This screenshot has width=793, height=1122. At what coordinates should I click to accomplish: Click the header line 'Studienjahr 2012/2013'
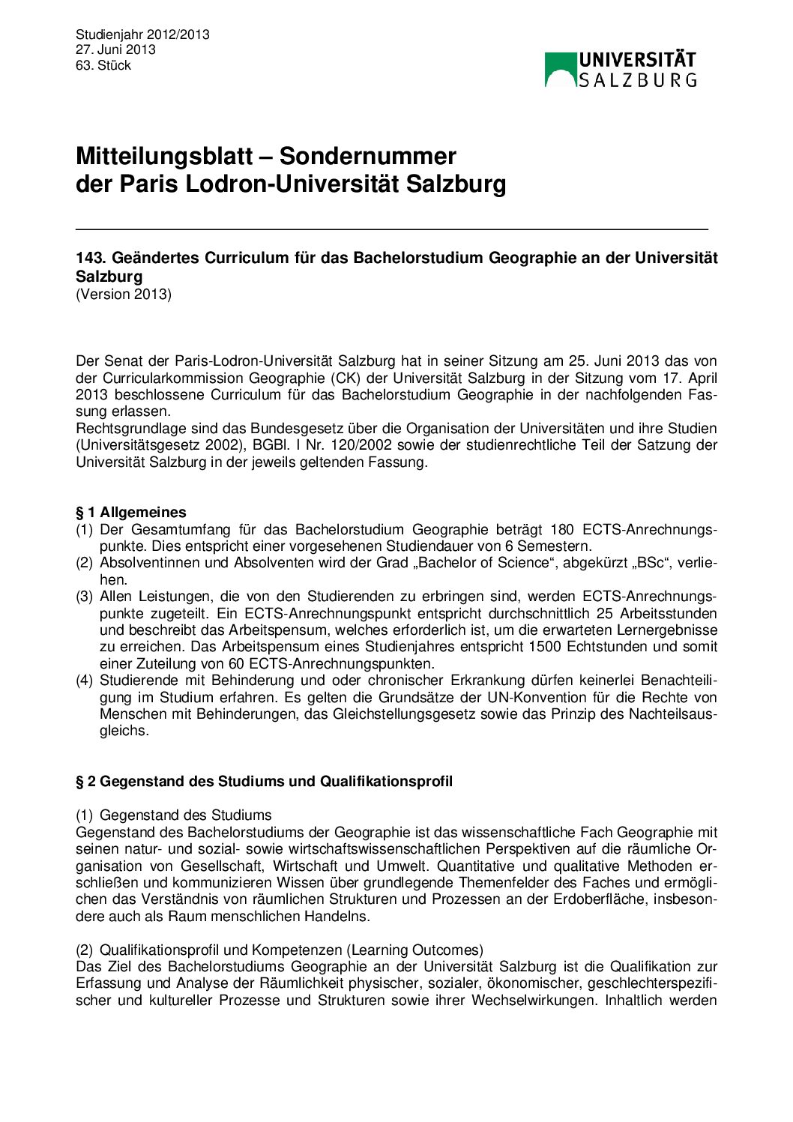[x=142, y=34]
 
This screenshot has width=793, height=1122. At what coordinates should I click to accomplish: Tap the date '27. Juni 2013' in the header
[x=115, y=49]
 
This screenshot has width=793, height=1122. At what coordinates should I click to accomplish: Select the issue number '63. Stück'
[x=103, y=65]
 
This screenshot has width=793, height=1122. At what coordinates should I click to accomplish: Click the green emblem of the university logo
[x=560, y=69]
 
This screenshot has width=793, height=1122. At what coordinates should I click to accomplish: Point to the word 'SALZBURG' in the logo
[x=638, y=79]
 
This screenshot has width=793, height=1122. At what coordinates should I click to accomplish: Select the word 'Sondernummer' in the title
[x=368, y=156]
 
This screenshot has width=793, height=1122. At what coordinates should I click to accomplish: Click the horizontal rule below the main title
[x=391, y=228]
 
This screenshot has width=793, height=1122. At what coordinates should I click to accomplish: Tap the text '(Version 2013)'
[x=124, y=294]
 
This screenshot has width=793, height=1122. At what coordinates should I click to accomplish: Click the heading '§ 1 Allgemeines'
[x=131, y=513]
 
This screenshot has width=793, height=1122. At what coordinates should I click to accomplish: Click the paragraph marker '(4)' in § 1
[x=85, y=681]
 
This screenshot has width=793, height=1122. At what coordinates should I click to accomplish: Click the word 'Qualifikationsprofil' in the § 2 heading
[x=386, y=782]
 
